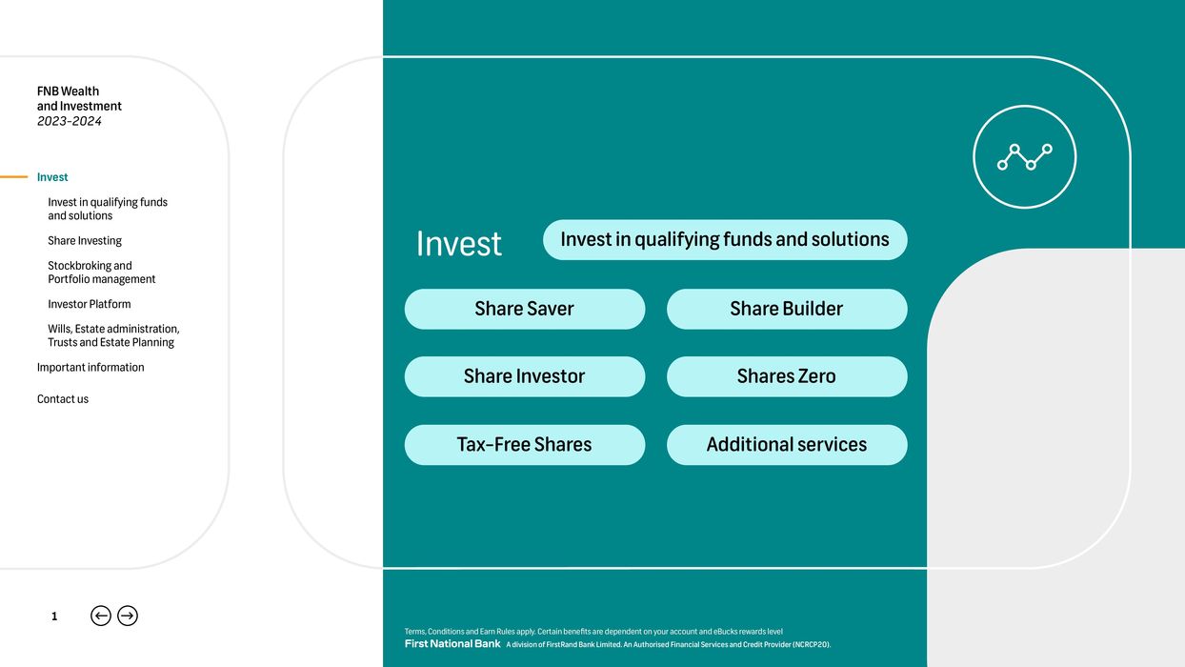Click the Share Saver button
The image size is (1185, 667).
524,309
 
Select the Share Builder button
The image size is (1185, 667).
787,309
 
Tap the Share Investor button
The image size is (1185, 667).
524,376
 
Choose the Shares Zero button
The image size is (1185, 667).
787,376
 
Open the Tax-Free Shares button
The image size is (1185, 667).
524,445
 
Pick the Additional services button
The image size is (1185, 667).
787,445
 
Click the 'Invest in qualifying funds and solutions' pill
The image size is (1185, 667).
725,240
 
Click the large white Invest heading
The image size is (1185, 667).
458,244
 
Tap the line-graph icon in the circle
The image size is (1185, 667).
1025,156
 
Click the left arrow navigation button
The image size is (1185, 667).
101,616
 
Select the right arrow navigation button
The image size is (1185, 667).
128,616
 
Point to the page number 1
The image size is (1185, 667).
54,616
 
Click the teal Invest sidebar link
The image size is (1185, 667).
52,177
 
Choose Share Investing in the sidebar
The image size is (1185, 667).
85,241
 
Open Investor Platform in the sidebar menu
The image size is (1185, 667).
90,304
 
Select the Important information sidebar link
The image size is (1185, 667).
90,368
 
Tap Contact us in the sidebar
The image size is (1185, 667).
63,399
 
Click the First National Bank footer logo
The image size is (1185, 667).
452,644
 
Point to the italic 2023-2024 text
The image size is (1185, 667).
70,121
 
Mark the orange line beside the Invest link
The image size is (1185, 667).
13,177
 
